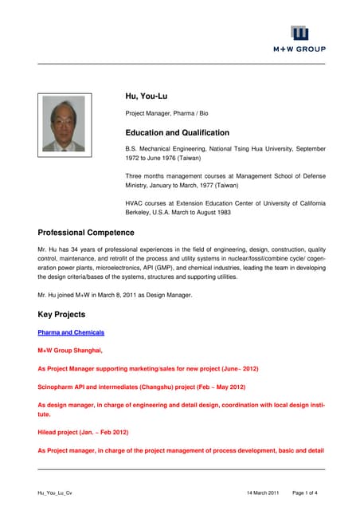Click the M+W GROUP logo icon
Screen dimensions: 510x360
coord(299,33)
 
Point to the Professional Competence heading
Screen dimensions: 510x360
coord(86,233)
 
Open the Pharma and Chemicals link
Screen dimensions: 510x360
coord(71,331)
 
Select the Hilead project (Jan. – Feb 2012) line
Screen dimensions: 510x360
coord(83,432)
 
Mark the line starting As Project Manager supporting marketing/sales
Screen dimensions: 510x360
coord(147,369)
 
